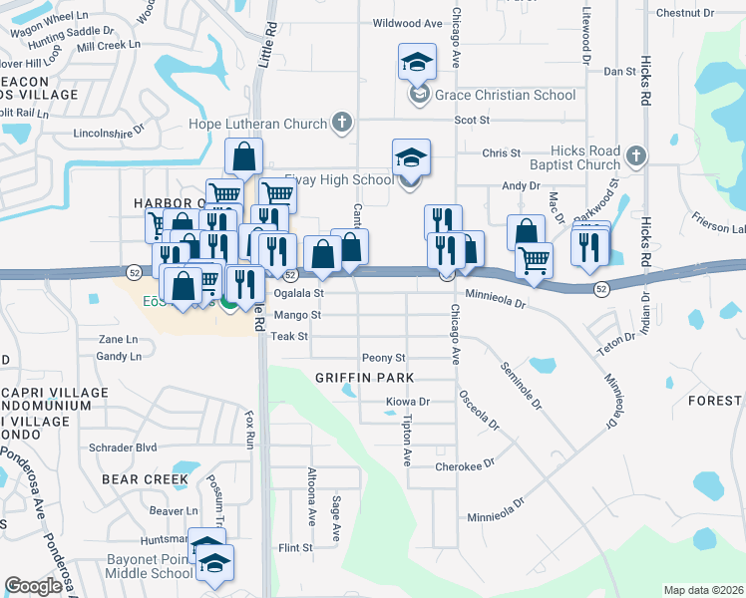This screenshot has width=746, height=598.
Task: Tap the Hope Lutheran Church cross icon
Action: pos(341,125)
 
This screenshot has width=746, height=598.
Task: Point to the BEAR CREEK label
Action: pos(145,479)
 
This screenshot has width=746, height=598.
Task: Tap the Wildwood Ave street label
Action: pos(406,23)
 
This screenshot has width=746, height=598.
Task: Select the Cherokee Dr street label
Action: pos(465,466)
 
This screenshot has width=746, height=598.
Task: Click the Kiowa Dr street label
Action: pos(407,403)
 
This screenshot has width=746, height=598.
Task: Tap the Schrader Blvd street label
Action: pos(124,448)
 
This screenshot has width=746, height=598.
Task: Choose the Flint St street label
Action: pos(295,548)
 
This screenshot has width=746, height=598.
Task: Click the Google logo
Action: pos(32,586)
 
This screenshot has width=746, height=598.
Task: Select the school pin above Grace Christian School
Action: pos(416,63)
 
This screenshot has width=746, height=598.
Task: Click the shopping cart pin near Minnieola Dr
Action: pos(535,260)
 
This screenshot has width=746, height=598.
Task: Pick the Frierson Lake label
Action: pos(718,228)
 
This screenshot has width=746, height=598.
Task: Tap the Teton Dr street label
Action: pos(615,339)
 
